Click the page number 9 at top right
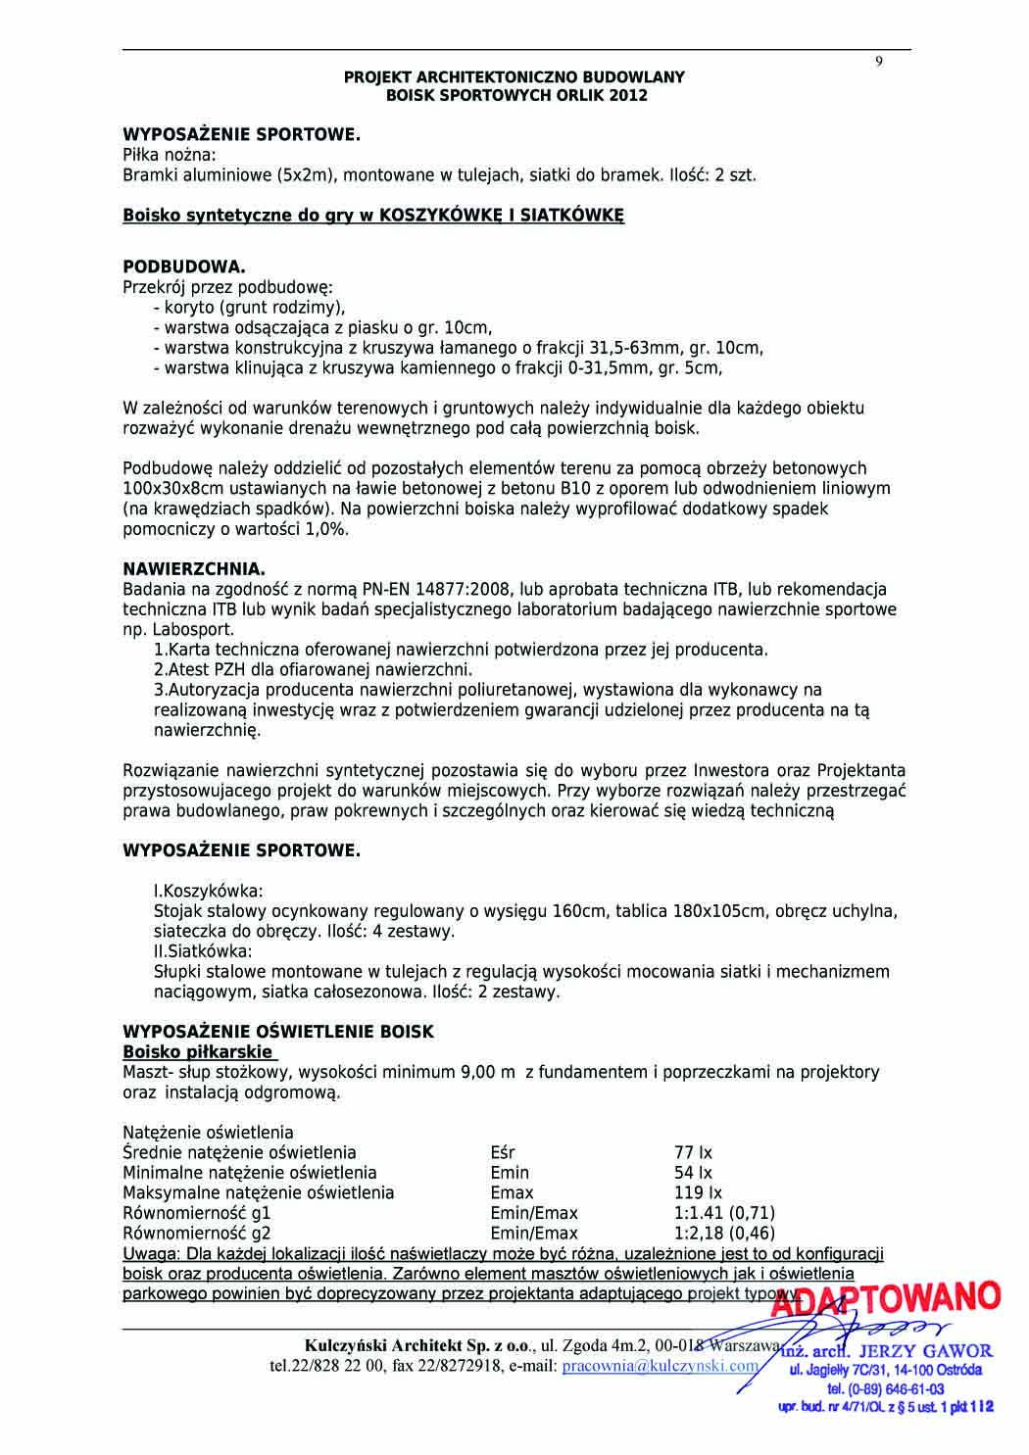coord(879,62)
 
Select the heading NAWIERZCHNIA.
coord(194,569)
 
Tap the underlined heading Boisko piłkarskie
coord(198,1051)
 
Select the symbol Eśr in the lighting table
coord(503,1152)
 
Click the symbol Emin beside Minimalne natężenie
coord(510,1173)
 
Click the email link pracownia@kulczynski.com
coord(661,1366)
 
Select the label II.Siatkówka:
coord(203,951)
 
